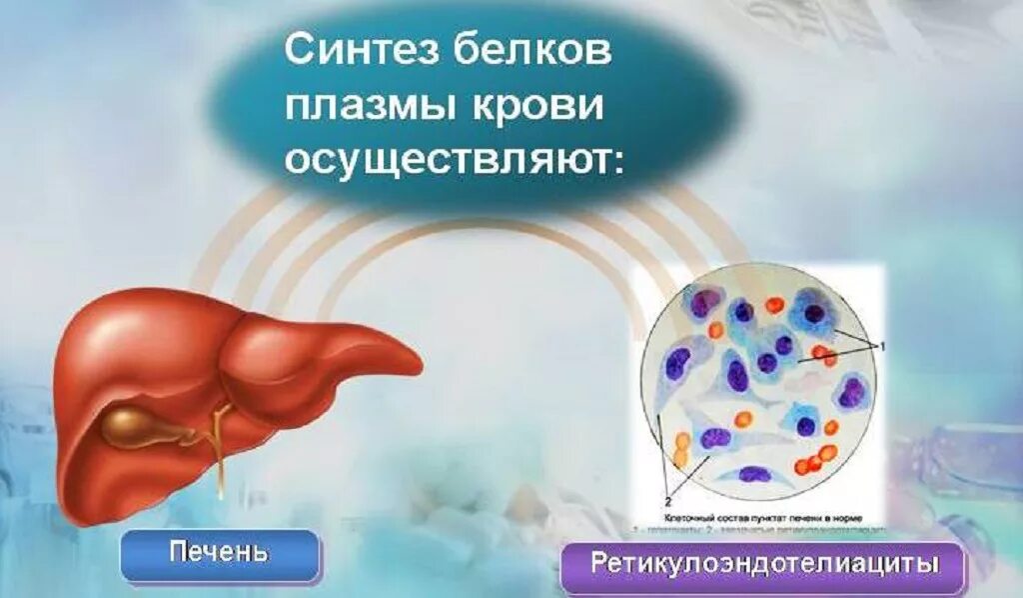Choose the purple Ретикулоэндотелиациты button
pos(764,563)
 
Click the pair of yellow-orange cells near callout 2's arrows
pos(681,448)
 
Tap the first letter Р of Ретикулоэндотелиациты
pos(598,563)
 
